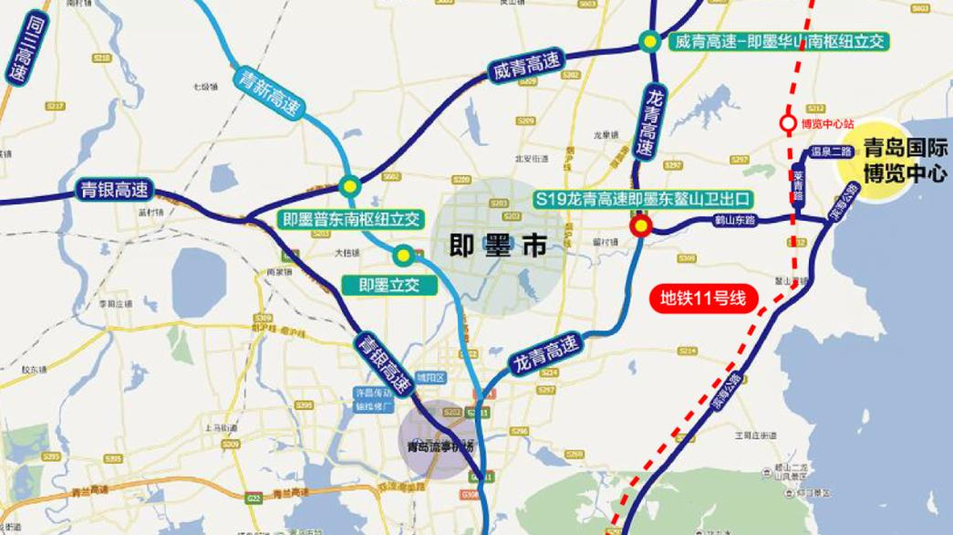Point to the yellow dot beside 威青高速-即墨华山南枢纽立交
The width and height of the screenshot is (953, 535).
click(649, 41)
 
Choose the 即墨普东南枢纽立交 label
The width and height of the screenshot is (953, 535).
click(350, 219)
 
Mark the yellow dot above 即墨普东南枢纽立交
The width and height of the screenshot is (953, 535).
click(348, 185)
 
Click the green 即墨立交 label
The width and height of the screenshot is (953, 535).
click(389, 286)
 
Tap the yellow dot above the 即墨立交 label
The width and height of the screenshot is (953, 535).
click(403, 255)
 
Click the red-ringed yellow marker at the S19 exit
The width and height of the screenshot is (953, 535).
click(641, 227)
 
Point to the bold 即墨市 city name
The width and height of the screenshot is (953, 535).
click(499, 246)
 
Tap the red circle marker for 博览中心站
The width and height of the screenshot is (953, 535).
click(788, 122)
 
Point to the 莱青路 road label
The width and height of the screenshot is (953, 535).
click(799, 184)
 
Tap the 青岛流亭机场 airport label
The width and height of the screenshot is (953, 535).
click(442, 446)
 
